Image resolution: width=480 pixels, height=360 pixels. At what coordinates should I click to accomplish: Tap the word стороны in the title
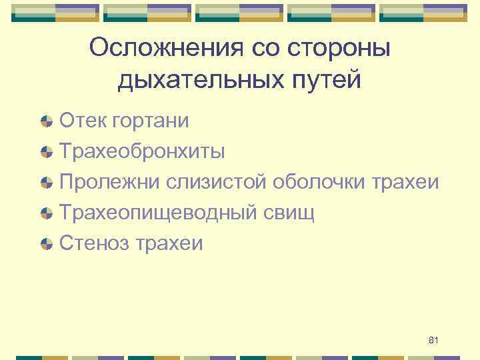click(334, 48)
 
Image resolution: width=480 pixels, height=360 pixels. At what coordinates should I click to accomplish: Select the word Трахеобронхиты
click(142, 151)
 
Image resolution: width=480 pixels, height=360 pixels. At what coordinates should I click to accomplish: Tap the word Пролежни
click(110, 182)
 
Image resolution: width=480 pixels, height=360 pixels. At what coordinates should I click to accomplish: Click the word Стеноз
click(95, 243)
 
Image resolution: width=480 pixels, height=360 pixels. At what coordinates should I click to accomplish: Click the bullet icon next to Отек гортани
click(47, 121)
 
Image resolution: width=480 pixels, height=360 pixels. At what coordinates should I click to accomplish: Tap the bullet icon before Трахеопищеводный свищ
click(47, 213)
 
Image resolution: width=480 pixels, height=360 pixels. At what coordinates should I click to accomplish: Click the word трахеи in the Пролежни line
click(407, 182)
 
